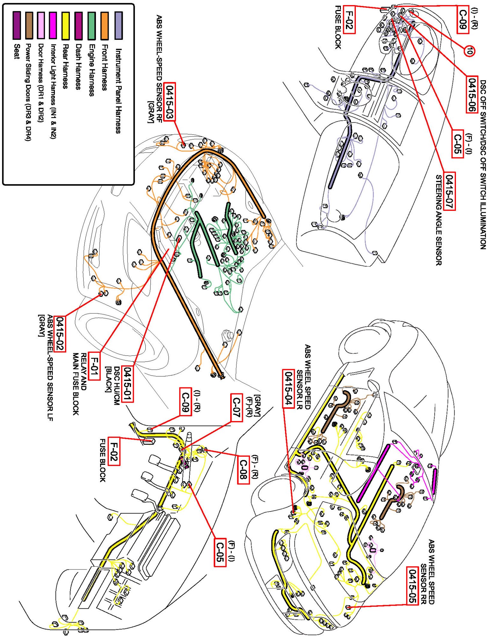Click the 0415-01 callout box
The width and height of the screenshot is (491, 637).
pyautogui.click(x=128, y=384)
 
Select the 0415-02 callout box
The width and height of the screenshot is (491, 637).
pyautogui.click(x=60, y=334)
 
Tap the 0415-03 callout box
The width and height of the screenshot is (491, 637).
pyautogui.click(x=169, y=102)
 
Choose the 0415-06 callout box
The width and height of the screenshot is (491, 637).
pyautogui.click(x=472, y=95)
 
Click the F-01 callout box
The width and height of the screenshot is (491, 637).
pyautogui.click(x=94, y=366)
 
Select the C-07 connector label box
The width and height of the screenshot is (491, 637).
pyautogui.click(x=236, y=408)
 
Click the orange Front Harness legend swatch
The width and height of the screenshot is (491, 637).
pyautogui.click(x=105, y=25)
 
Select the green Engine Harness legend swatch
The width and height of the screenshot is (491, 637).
pyautogui.click(x=92, y=25)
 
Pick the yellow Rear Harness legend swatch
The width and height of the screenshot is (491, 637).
pyautogui.click(x=66, y=25)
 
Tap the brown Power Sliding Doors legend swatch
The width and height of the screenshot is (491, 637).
pyautogui.click(x=29, y=25)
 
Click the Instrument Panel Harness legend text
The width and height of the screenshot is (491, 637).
pyautogui.click(x=118, y=91)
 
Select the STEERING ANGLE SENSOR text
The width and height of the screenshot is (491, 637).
pyautogui.click(x=439, y=220)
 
